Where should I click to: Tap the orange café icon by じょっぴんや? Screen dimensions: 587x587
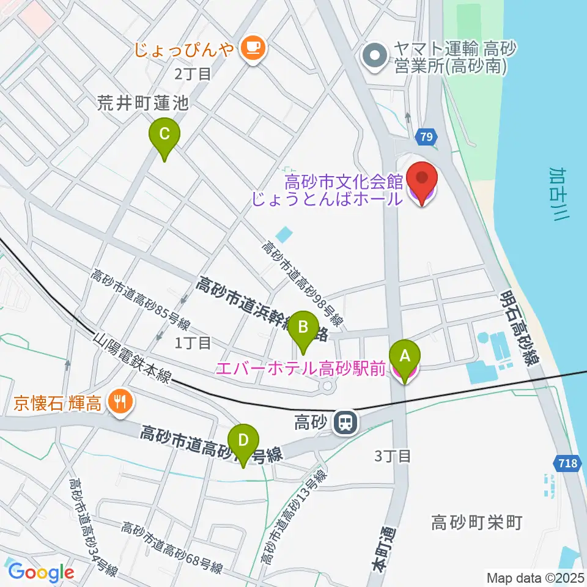point(252,48)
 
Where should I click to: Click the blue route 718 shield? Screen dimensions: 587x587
point(568,463)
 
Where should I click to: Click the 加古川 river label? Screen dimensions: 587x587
point(558,200)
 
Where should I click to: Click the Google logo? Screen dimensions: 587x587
point(41,572)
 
